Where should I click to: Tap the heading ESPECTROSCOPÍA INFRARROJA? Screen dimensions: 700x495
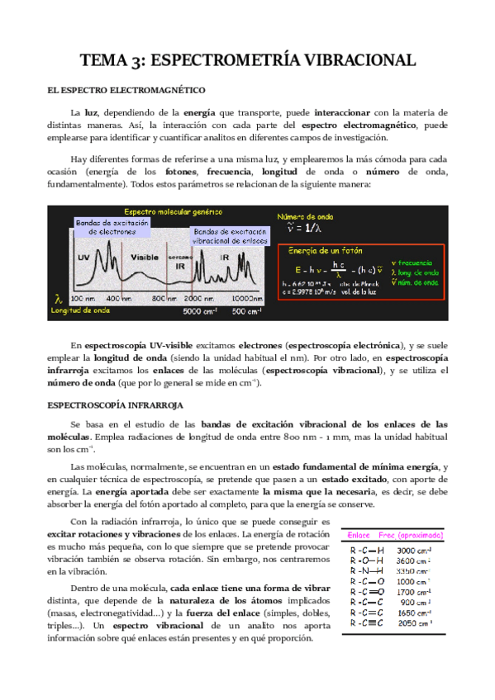click(117, 405)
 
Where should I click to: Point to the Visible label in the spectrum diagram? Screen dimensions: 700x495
click(144, 257)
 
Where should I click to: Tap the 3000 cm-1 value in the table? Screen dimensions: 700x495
click(414, 550)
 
